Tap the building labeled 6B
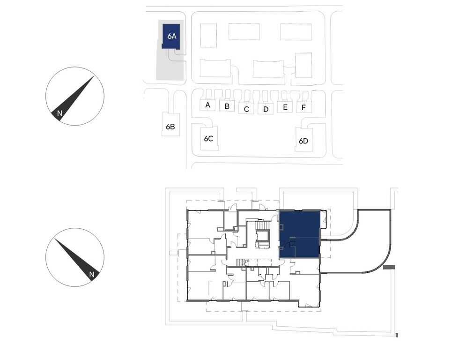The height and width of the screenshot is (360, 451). pos(170,124)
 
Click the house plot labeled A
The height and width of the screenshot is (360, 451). pos(207,104)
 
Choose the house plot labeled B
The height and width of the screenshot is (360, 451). pos(227,105)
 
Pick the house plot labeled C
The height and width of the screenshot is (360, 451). pos(246,109)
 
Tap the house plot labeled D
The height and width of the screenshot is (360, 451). pos(266,109)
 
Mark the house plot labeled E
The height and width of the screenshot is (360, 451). pos(285,107)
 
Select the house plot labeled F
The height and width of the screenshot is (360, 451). pos(304,107)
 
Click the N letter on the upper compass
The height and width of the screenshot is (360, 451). pos(59,113)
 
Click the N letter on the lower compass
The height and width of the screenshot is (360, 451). pos(92,275)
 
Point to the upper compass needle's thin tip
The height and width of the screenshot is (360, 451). pos(94,76)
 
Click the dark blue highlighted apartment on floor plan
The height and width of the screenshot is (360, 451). pos(300,234)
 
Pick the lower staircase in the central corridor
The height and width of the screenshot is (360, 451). pos(243,262)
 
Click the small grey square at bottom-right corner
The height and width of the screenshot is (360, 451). pos(397,335)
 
